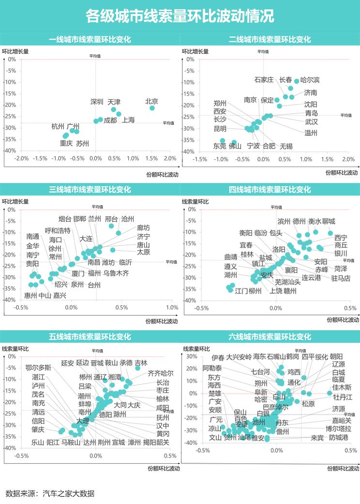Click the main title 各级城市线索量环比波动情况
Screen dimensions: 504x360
tap(180, 16)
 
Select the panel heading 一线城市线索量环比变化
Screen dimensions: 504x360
tap(90, 40)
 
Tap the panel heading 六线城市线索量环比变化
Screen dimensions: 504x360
tap(270, 337)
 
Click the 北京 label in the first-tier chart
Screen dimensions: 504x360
tap(152, 102)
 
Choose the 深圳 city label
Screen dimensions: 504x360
tap(97, 102)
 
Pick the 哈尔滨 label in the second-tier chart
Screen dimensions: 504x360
tap(310, 80)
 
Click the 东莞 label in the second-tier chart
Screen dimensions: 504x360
tap(220, 146)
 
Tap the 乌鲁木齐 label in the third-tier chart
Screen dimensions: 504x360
tap(116, 273)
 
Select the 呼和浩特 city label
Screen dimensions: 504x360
tap(57, 230)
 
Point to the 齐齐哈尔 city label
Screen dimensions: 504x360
tap(160, 373)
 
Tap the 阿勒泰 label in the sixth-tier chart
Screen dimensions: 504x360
tap(212, 368)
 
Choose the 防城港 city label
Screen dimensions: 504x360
tap(338, 438)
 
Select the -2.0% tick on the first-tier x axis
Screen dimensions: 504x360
tap(21, 159)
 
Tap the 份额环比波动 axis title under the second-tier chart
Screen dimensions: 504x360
tap(341, 173)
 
